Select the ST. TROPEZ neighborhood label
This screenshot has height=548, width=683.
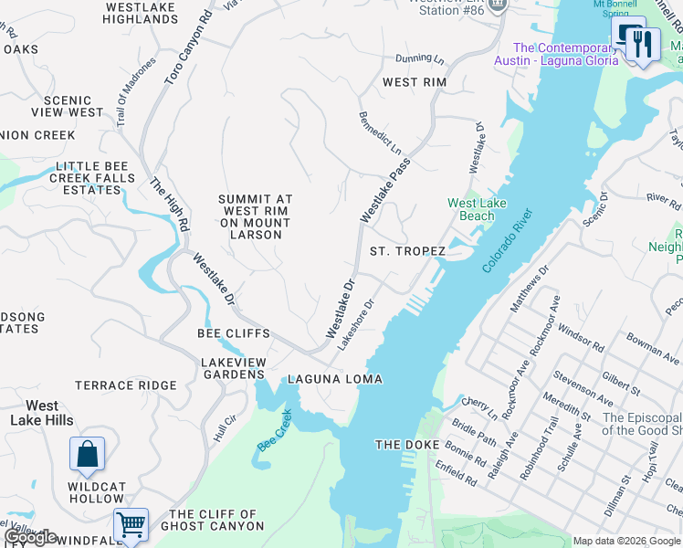point(407,251)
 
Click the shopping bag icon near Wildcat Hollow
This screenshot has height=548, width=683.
point(87,455)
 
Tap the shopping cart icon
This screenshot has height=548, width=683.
point(131,525)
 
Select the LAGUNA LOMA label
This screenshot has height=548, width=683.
point(335,379)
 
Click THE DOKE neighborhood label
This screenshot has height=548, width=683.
point(408,445)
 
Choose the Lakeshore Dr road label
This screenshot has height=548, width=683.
point(357,325)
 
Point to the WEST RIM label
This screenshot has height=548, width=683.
point(414,82)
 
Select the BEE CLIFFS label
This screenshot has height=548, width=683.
point(233,333)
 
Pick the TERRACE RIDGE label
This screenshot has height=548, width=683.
point(125,385)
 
